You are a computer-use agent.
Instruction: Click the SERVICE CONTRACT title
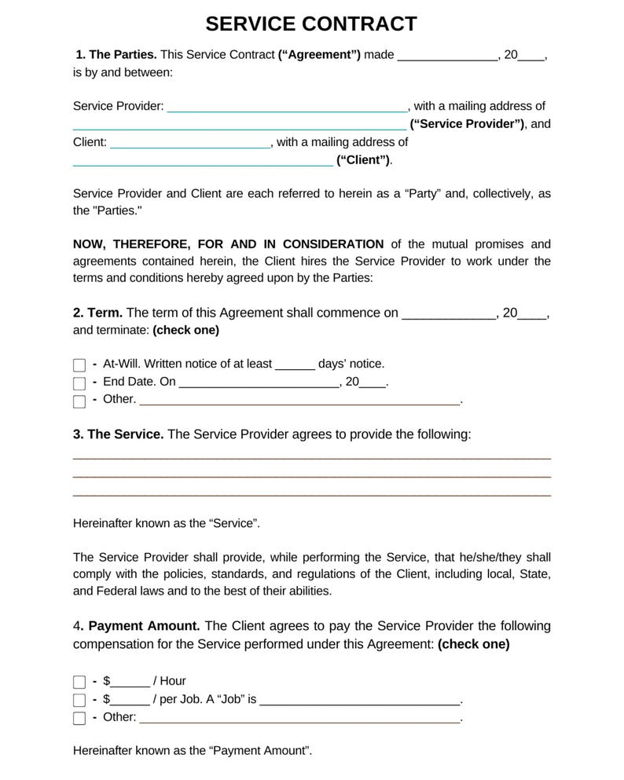[x=311, y=24]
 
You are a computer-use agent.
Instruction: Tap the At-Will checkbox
[x=79, y=365]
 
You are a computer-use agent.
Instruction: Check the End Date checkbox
[x=79, y=383]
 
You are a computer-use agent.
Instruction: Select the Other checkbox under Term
[x=79, y=401]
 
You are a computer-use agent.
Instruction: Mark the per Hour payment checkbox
[x=79, y=682]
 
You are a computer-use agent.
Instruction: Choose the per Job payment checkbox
[x=79, y=700]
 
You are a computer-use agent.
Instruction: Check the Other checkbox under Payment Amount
[x=79, y=718]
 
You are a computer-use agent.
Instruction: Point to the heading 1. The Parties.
[x=116, y=55]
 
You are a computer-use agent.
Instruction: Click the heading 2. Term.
[x=97, y=313]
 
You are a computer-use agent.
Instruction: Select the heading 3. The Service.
[x=118, y=434]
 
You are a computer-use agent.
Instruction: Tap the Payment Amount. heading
[x=144, y=626]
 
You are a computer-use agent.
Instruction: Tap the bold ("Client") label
[x=363, y=160]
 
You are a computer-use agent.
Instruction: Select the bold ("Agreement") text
[x=319, y=55]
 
